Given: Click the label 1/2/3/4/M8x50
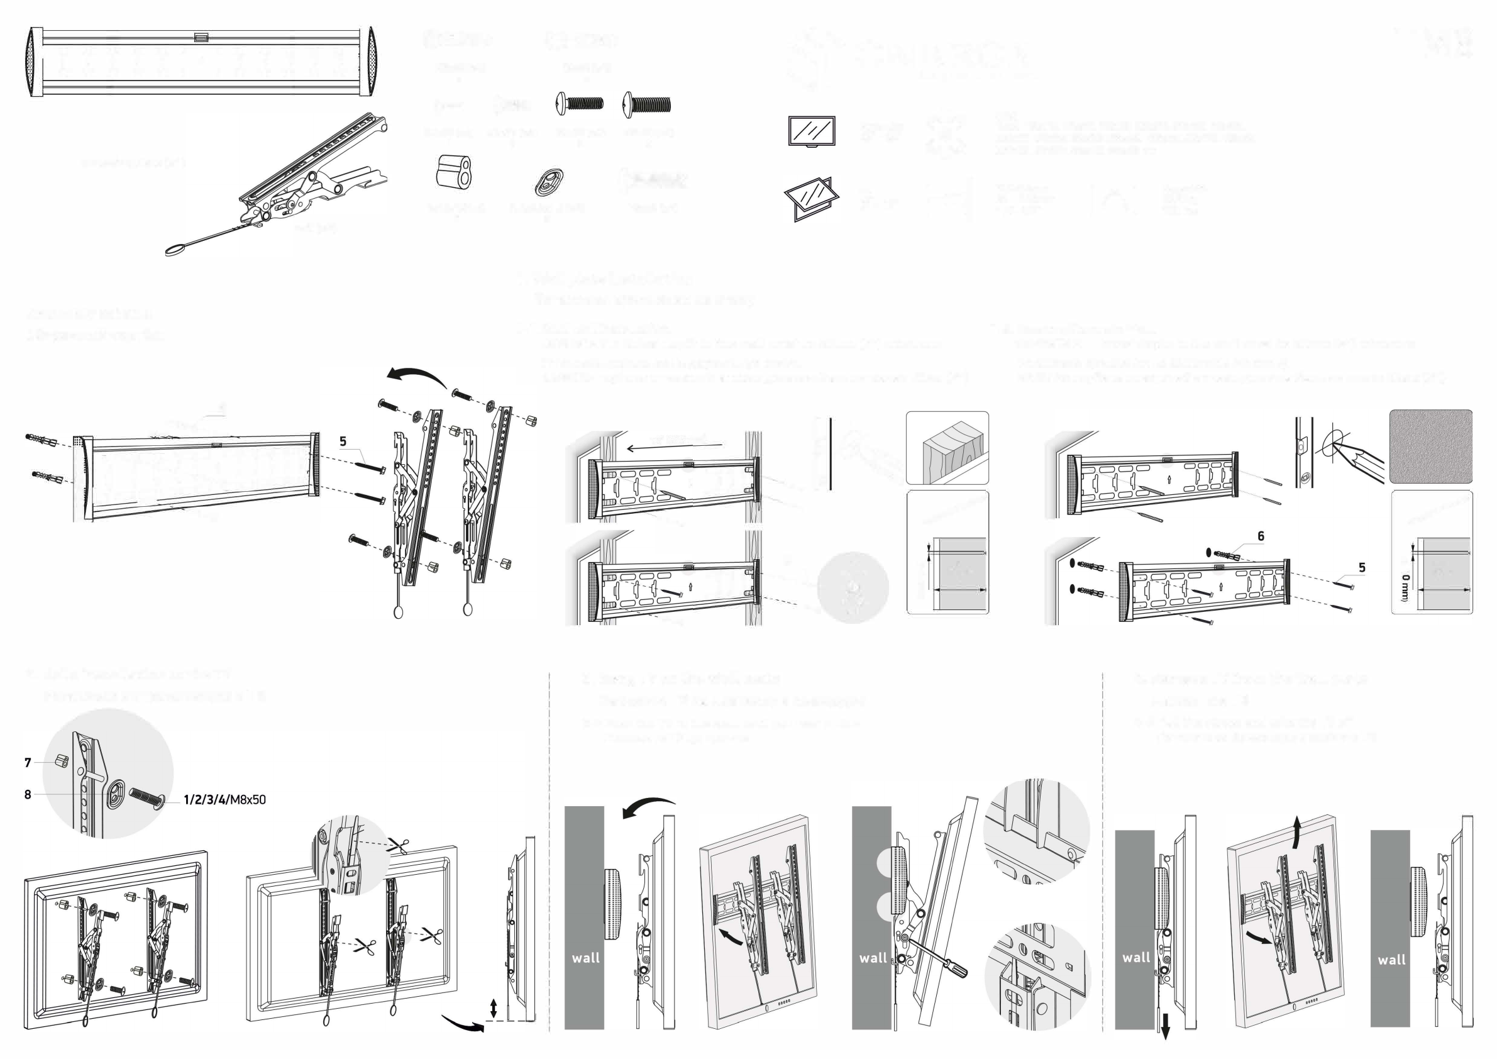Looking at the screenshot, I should [x=224, y=799].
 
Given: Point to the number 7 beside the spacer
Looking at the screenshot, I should [x=28, y=762].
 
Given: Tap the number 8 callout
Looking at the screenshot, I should [x=28, y=794].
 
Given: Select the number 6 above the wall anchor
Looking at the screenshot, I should [x=1261, y=536].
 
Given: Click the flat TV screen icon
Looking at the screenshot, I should [x=811, y=131].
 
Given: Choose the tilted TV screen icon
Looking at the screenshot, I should [x=810, y=197].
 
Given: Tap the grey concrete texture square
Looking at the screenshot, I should [x=1430, y=446].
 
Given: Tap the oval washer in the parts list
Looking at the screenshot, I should [x=549, y=182].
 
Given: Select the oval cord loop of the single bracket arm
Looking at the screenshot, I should [x=175, y=250].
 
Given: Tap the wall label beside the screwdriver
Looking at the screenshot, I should [x=873, y=958].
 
